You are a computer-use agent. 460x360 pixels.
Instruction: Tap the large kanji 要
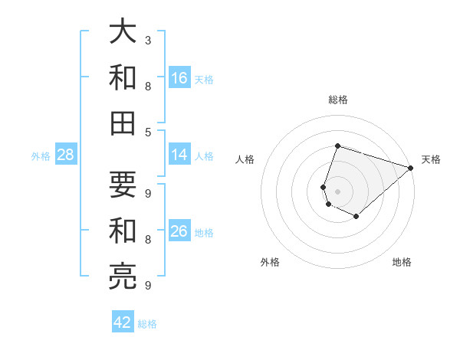(x=123, y=184)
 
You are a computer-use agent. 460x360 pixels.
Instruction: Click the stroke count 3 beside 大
(x=147, y=40)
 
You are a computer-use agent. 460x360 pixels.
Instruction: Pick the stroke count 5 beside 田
(x=147, y=132)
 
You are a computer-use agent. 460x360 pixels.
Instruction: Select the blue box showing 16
(x=179, y=78)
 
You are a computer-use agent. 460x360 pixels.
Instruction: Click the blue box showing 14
(x=179, y=155)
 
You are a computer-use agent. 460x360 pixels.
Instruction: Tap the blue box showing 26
(x=179, y=231)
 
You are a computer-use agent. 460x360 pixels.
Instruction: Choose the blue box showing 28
(x=65, y=155)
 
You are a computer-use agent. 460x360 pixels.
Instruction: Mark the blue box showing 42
(x=122, y=322)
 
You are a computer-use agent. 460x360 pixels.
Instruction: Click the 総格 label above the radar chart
(x=337, y=100)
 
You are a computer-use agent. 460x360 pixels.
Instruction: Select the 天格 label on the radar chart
(x=431, y=159)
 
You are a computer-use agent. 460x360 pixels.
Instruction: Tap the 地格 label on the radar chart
(x=402, y=262)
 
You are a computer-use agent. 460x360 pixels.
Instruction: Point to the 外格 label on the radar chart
(x=270, y=262)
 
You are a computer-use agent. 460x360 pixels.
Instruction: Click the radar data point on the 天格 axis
(x=411, y=168)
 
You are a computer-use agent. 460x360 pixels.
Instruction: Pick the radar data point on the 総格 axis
(x=337, y=146)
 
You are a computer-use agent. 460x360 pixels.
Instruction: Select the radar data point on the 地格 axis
(x=356, y=217)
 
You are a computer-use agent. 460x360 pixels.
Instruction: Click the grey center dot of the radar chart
(x=337, y=191)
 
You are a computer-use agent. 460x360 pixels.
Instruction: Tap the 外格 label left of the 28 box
(x=41, y=155)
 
